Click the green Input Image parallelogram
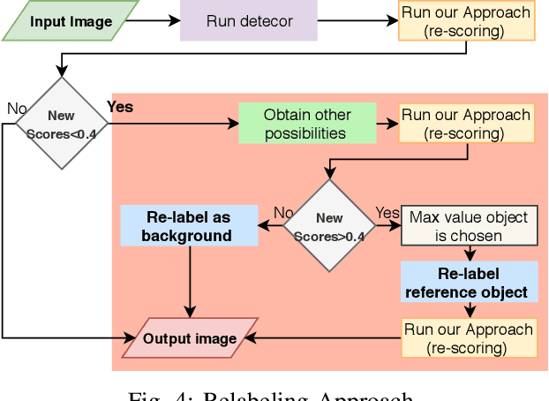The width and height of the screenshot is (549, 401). click(71, 20)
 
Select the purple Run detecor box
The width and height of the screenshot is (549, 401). click(248, 20)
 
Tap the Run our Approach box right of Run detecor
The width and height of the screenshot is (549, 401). click(466, 20)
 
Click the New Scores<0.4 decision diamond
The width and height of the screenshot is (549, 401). click(61, 123)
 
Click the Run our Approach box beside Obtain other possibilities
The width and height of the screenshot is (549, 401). click(466, 124)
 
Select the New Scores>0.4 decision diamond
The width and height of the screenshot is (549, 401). click(329, 225)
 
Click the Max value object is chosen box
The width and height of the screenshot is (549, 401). click(469, 225)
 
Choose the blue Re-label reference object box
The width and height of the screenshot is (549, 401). click(469, 282)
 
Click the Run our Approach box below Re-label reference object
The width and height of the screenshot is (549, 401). click(469, 338)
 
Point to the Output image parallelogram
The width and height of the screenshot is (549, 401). click(190, 338)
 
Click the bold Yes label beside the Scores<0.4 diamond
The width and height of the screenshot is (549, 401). click(120, 107)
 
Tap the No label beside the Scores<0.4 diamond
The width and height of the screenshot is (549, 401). click(16, 108)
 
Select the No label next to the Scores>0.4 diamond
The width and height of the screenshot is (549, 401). click(283, 213)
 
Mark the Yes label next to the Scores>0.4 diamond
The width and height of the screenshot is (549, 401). click(387, 213)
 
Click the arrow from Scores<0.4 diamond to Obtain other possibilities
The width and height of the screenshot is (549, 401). click(172, 124)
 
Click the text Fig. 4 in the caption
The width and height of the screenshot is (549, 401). click(162, 395)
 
